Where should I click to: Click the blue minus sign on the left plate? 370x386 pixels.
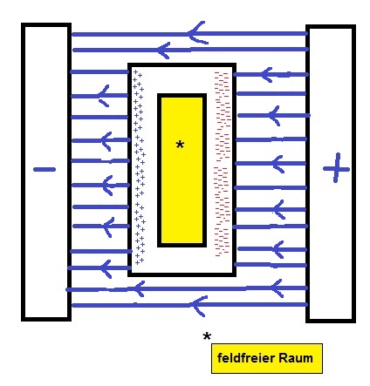click(45, 169)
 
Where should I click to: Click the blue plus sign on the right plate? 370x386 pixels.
click(336, 168)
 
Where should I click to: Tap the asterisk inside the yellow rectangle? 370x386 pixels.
click(180, 145)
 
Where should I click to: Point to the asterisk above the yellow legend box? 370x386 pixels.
click(207, 336)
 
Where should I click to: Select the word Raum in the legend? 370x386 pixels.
click(296, 358)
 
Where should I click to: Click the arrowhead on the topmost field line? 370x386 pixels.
click(198, 33)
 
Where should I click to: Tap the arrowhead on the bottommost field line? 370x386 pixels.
click(199, 306)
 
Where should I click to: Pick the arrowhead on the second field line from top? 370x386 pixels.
click(163, 50)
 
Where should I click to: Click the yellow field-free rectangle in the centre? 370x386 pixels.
click(182, 170)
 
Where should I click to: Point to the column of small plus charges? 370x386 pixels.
click(139, 167)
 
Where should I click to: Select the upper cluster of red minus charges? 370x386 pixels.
click(223, 115)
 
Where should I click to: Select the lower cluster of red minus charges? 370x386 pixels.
click(222, 212)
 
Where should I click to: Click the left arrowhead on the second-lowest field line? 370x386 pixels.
click(139, 288)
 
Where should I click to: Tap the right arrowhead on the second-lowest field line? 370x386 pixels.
click(277, 288)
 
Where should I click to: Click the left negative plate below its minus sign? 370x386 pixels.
click(46, 247)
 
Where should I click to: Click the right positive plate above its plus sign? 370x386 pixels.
click(331, 87)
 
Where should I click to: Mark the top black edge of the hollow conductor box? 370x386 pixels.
click(182, 64)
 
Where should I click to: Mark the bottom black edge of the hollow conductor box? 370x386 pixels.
click(182, 274)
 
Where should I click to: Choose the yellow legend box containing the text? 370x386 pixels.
click(267, 358)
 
